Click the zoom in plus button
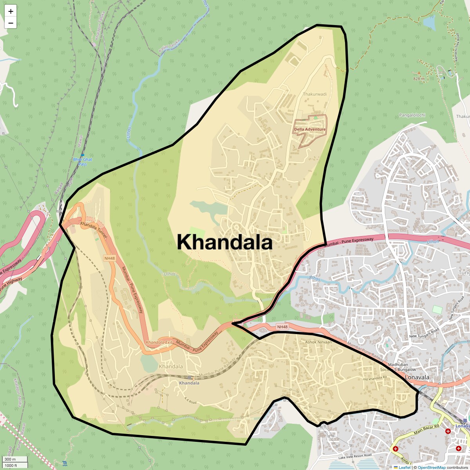tap(11, 11)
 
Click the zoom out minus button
tap(11, 23)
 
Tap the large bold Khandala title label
tap(224, 242)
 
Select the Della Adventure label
tap(310, 129)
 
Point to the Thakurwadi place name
tap(315, 94)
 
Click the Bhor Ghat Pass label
tap(83, 162)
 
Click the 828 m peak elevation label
tap(419, 79)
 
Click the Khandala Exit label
tap(159, 342)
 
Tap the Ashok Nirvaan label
tap(318, 342)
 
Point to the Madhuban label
tap(398, 365)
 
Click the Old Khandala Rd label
tap(374, 378)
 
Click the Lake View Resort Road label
tap(355, 456)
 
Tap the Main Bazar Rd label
tap(427, 429)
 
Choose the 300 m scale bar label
tap(11, 459)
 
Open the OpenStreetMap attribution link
tap(431, 467)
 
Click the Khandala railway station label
tap(189, 383)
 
